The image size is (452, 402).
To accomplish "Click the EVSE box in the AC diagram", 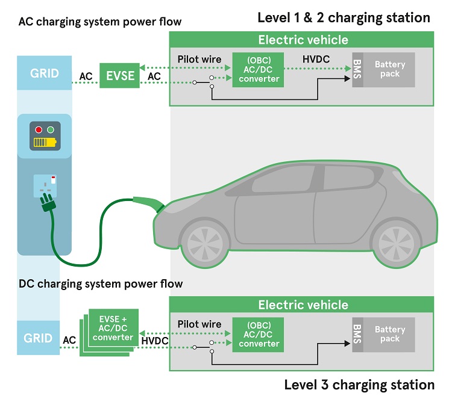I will [x=120, y=75].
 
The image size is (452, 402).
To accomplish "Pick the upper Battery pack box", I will [x=390, y=69].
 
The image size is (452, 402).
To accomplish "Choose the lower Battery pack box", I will [x=390, y=334].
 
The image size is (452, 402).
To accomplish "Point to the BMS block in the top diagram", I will [x=357, y=69].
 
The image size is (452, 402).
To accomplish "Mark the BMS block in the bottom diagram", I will [x=357, y=334].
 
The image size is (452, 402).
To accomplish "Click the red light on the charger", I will [x=39, y=129].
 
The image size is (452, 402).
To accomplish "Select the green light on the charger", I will [x=51, y=129].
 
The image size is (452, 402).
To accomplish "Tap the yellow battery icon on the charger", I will [x=45, y=143].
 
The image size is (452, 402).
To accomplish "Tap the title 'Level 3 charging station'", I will [x=359, y=385].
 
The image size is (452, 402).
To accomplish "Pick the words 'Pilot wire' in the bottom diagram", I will [x=199, y=324].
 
